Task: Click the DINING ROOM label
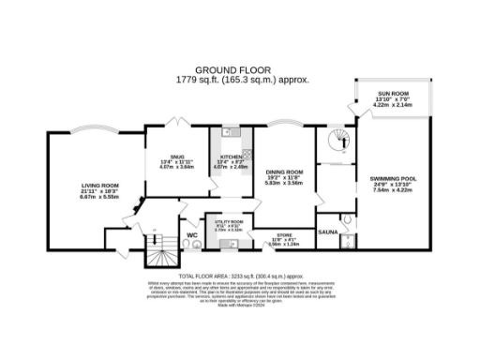tap(287, 172)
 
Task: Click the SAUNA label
tap(328, 229)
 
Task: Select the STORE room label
tap(283, 236)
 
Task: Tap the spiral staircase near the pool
tap(333, 143)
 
